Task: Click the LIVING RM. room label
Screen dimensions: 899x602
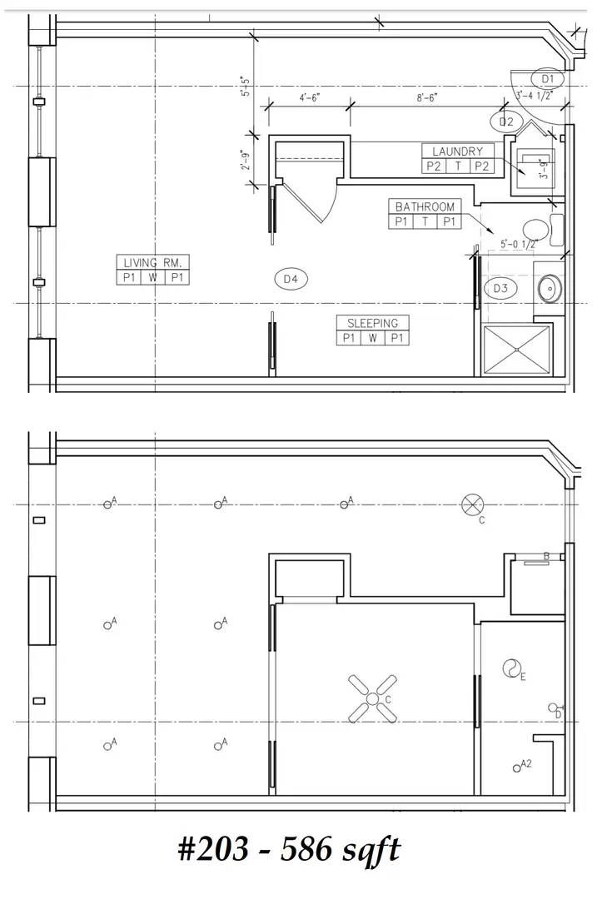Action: pyautogui.click(x=152, y=261)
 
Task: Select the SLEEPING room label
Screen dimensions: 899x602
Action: pyautogui.click(x=372, y=323)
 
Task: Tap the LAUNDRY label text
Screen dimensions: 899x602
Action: pyautogui.click(x=457, y=151)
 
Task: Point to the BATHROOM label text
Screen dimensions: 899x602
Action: pyautogui.click(x=425, y=206)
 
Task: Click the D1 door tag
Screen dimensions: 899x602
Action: pyautogui.click(x=548, y=78)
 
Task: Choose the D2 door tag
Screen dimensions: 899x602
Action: pyautogui.click(x=506, y=122)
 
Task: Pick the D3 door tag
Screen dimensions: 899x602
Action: pyautogui.click(x=500, y=288)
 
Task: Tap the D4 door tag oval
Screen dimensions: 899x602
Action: pyautogui.click(x=291, y=280)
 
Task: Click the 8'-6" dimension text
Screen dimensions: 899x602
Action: pyautogui.click(x=427, y=97)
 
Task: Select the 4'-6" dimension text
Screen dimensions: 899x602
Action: pyautogui.click(x=309, y=97)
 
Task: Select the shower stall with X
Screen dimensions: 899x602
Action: pyautogui.click(x=517, y=350)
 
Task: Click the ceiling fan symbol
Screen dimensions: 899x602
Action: pyautogui.click(x=372, y=698)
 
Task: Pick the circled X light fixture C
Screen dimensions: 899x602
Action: pyautogui.click(x=473, y=504)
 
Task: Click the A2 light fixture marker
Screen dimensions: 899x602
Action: pyautogui.click(x=519, y=766)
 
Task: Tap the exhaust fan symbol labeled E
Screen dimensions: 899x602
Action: pyautogui.click(x=510, y=668)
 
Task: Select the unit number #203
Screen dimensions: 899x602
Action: pyautogui.click(x=212, y=850)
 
